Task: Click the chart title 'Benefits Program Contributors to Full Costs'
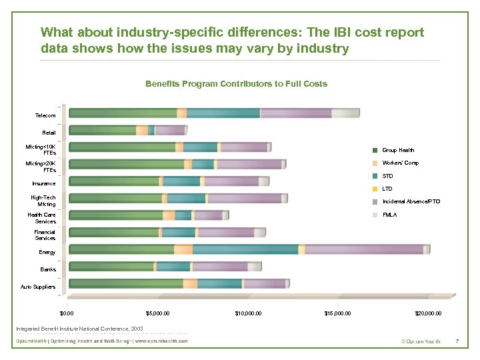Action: pyautogui.click(x=236, y=84)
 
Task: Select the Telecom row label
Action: pyautogui.click(x=45, y=115)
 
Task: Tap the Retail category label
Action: pyautogui.click(x=49, y=133)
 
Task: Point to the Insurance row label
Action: pyautogui.click(x=44, y=183)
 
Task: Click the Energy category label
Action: pyautogui.click(x=47, y=252)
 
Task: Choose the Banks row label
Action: pyautogui.click(x=48, y=269)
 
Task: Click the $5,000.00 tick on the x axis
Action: pyautogui.click(x=157, y=313)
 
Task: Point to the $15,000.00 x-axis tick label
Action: pyautogui.click(x=337, y=313)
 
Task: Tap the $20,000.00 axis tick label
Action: pyautogui.click(x=427, y=313)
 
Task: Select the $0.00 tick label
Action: pyautogui.click(x=67, y=313)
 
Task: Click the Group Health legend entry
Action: pyautogui.click(x=398, y=150)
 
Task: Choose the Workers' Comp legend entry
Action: pyautogui.click(x=400, y=163)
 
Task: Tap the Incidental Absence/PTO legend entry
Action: pyautogui.click(x=411, y=201)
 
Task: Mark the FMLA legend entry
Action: pyautogui.click(x=389, y=215)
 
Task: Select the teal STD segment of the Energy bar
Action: pyautogui.click(x=245, y=249)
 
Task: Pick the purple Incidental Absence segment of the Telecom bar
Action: pyautogui.click(x=296, y=113)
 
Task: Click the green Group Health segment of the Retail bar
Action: pyautogui.click(x=103, y=130)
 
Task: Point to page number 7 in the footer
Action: pyautogui.click(x=457, y=341)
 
